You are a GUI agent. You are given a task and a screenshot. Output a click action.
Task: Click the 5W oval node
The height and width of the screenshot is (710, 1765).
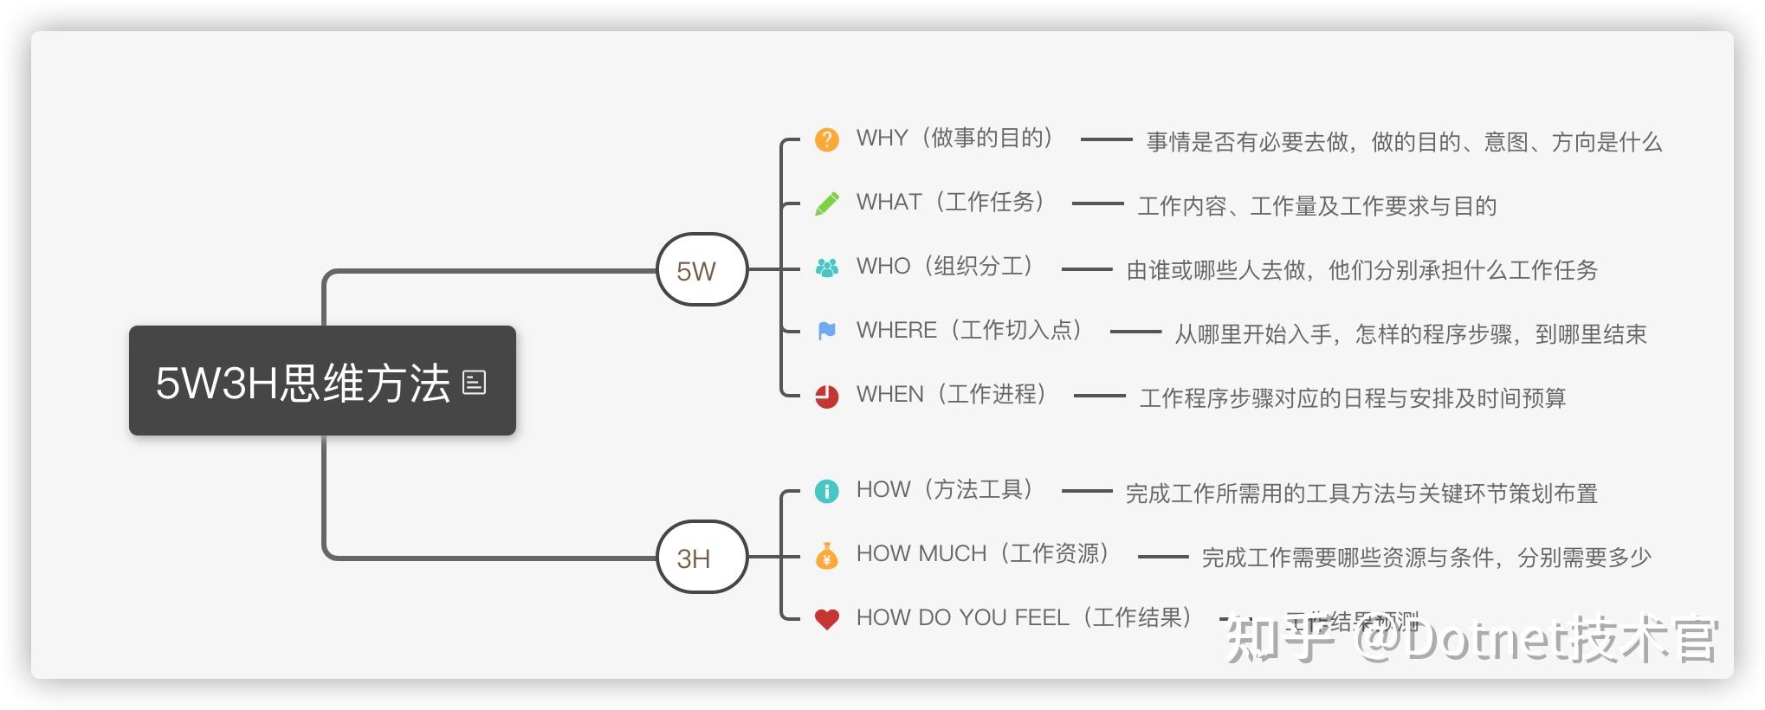tap(701, 270)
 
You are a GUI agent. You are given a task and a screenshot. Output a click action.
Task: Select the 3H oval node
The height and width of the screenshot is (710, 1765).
tap(701, 558)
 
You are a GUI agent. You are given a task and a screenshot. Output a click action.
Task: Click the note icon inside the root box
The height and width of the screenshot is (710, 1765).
tap(475, 382)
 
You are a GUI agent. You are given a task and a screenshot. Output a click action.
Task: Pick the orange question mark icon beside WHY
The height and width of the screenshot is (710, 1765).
tap(827, 139)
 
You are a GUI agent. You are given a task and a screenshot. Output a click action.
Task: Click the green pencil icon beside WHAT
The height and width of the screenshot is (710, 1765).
tap(827, 203)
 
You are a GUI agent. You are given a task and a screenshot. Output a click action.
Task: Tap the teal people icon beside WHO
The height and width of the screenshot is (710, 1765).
tap(827, 268)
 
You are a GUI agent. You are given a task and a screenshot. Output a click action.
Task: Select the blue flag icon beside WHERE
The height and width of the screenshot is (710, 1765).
tap(827, 331)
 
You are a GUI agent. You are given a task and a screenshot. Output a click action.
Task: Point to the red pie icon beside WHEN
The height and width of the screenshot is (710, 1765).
tap(827, 396)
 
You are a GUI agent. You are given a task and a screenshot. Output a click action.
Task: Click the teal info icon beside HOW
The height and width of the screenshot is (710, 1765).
tap(827, 491)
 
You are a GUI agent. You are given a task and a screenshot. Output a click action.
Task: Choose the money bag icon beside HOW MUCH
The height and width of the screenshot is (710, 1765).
tap(827, 555)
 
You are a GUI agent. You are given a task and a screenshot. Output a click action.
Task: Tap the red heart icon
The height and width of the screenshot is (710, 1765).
tap(827, 619)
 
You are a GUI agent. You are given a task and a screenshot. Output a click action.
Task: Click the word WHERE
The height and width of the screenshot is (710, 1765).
tap(896, 331)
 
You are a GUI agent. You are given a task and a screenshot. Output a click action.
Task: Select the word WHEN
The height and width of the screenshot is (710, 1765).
tap(889, 395)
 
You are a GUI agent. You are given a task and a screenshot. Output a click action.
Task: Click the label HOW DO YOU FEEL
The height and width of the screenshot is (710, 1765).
tap(962, 618)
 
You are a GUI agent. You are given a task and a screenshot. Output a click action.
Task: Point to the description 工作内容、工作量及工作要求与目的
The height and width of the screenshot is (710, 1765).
tap(1316, 206)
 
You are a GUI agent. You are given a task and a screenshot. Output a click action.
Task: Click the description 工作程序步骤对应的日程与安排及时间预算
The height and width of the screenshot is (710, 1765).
tap(1353, 398)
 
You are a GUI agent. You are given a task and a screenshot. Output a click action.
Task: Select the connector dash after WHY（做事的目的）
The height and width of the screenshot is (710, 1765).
tap(1107, 139)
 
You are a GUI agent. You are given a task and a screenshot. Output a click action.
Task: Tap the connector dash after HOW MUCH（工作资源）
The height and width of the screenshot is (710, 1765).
tap(1163, 557)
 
